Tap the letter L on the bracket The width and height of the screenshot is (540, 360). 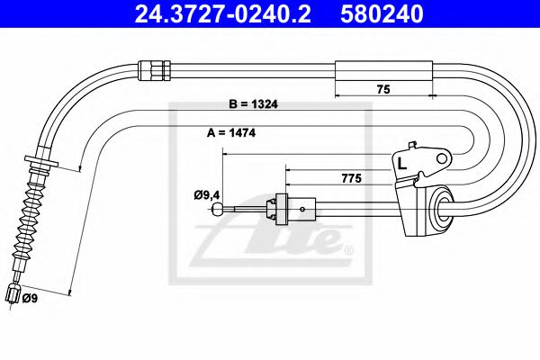(401, 162)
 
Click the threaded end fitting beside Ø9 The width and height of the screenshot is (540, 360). (13, 292)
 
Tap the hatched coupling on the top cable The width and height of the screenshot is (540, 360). (152, 67)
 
